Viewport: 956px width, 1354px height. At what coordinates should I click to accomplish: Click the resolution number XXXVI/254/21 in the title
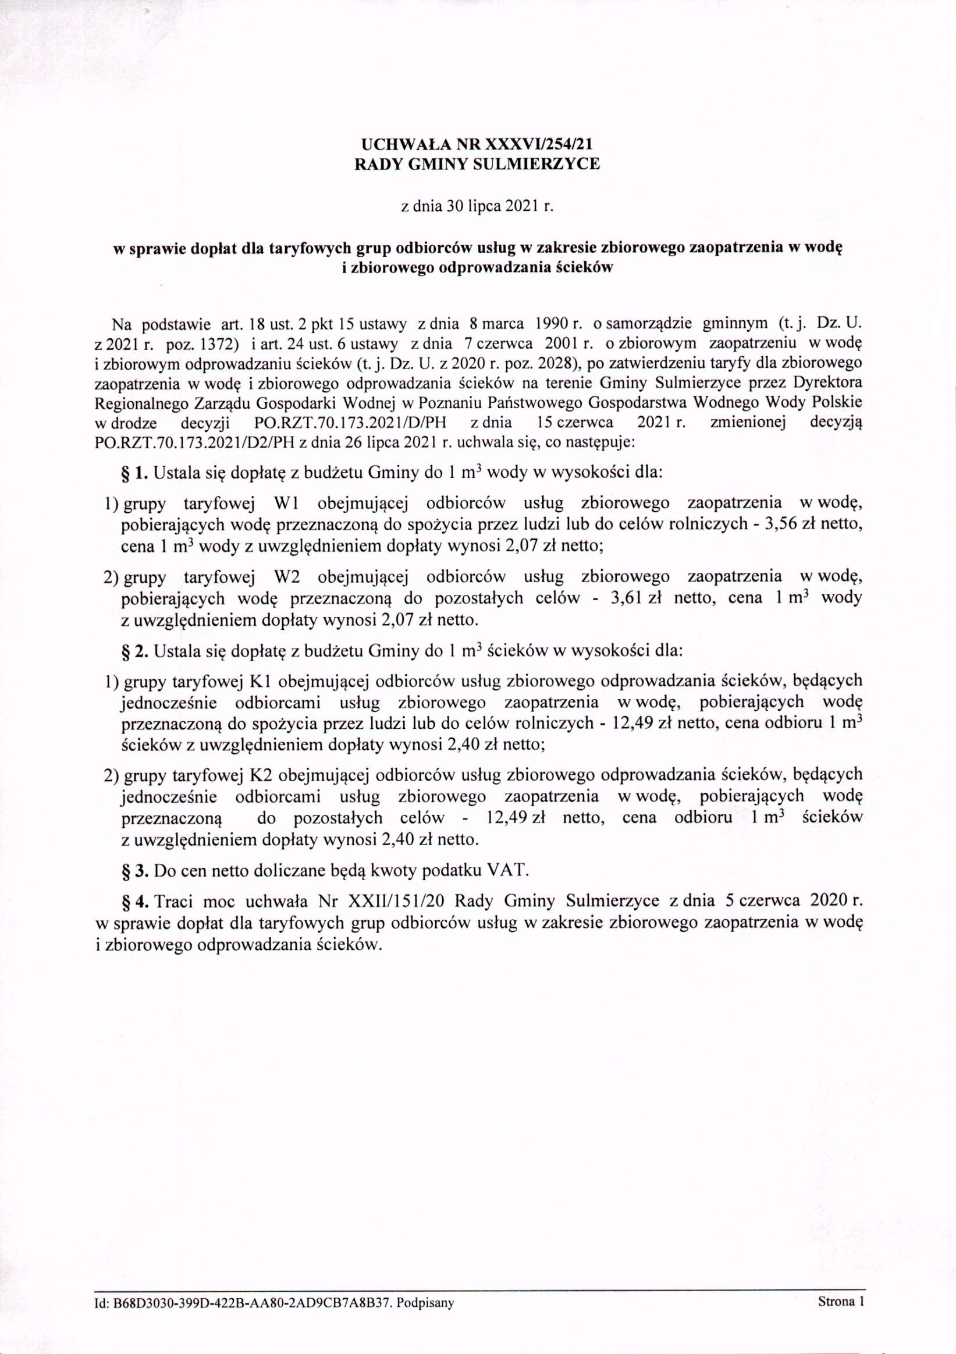535,144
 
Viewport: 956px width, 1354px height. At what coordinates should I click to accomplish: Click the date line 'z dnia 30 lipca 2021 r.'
477,207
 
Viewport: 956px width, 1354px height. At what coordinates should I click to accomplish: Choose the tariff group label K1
260,681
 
